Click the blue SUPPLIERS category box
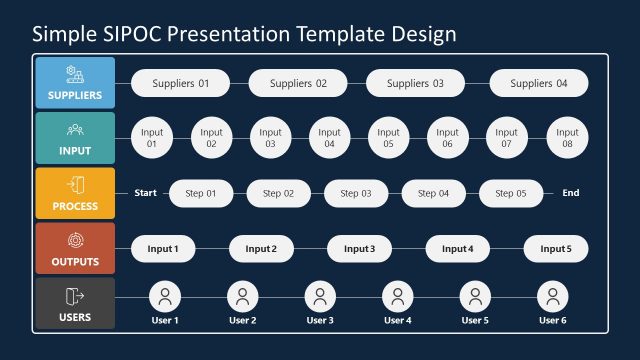point(75,83)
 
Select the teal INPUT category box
point(75,138)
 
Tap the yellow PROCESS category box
point(75,193)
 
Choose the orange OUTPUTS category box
point(75,248)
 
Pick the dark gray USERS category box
point(75,304)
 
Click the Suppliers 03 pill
point(415,84)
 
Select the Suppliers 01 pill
point(181,84)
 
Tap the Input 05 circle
point(388,138)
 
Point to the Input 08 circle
point(567,138)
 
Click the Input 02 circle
point(211,138)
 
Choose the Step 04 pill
point(433,193)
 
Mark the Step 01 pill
point(199,193)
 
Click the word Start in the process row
point(146,193)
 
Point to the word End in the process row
point(570,193)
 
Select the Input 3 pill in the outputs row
point(359,248)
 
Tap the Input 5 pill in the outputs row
point(556,248)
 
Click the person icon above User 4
point(397,296)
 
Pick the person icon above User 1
point(164,296)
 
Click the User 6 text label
point(552,320)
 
